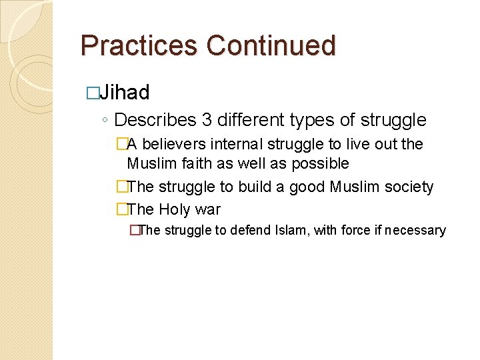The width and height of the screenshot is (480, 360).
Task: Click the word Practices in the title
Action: click(x=139, y=45)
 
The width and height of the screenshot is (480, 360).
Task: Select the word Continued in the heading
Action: click(x=271, y=45)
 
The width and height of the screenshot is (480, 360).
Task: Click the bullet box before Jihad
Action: click(x=93, y=93)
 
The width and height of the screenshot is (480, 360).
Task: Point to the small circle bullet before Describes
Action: click(x=105, y=121)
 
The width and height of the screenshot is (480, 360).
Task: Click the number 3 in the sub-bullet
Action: click(x=207, y=120)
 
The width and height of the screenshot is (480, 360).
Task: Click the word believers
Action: click(x=175, y=144)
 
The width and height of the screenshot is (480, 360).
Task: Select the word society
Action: click(x=407, y=187)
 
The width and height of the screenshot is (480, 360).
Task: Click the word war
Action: click(x=208, y=210)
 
